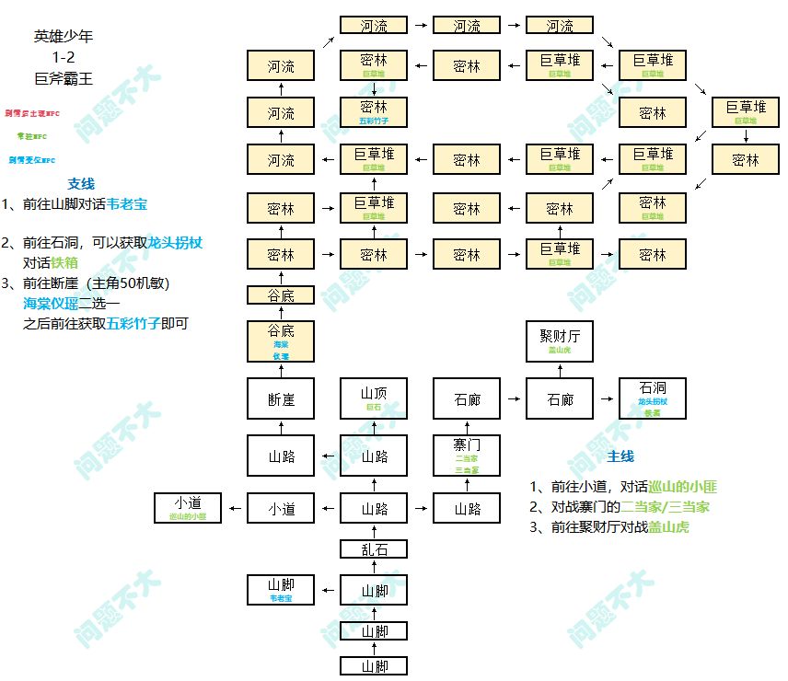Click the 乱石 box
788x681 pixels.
coord(374,550)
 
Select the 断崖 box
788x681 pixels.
coord(281,399)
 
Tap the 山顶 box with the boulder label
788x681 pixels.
coord(374,399)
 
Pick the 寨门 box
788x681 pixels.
coord(467,455)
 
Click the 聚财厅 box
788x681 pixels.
coord(560,342)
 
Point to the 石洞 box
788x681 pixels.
coord(653,399)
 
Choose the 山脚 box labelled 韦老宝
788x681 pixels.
coord(281,590)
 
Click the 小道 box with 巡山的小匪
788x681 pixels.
coord(188,508)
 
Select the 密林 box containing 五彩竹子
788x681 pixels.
coord(374,112)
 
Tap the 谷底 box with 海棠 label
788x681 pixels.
coord(281,340)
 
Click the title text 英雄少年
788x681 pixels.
coord(64,37)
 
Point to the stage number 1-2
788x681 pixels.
coord(64,58)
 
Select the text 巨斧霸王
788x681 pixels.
coord(64,79)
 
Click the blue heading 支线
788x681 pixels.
coord(81,184)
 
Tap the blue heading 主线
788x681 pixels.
coord(620,456)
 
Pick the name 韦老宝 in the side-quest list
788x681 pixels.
coord(127,204)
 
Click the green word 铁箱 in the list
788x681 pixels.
coord(64,262)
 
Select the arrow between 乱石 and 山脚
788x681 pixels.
coord(374,569)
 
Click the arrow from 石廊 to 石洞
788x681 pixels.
coord(606,399)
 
